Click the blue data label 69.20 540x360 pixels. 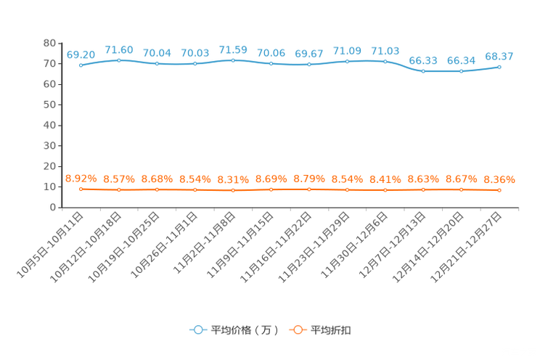pos(81,54)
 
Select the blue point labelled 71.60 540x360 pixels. pos(119,60)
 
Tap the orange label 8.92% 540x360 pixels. pos(81,179)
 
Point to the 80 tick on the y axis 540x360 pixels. pos(49,43)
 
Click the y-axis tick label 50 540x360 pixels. pos(49,105)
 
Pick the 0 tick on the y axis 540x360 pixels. pos(53,208)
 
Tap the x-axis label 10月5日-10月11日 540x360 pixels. pos(50,245)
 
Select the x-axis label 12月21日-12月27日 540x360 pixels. pos(466,247)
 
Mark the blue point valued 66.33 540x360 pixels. pos(423,71)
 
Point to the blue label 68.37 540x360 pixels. pos(499,56)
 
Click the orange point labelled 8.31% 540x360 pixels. pos(233,190)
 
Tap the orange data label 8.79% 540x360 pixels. pos(309,179)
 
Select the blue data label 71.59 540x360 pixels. pos(233,50)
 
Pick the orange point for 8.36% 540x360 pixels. pos(499,190)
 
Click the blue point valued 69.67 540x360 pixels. pos(309,65)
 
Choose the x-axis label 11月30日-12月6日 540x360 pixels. pos(354,245)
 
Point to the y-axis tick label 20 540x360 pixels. pos(49,166)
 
